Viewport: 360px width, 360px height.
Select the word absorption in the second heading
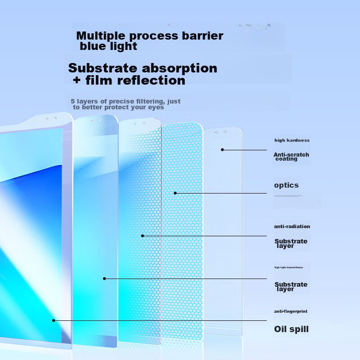point(180,68)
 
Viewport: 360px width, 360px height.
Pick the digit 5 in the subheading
point(72,101)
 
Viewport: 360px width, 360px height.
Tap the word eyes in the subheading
point(157,108)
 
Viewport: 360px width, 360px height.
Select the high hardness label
point(292,140)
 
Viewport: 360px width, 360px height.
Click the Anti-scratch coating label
point(291,157)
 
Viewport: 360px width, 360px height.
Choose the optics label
point(286,185)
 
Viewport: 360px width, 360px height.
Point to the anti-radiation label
point(292,226)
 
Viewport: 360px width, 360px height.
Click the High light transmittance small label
point(288,267)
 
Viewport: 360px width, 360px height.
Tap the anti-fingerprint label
point(291,311)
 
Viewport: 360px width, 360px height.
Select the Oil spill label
point(292,329)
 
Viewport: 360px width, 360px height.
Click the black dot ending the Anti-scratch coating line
point(222,149)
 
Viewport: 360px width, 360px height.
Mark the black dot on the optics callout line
point(175,193)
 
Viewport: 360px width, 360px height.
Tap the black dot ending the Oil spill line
point(54,320)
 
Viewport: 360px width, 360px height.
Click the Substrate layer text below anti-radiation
point(291,243)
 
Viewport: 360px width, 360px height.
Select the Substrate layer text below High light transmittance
point(291,287)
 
